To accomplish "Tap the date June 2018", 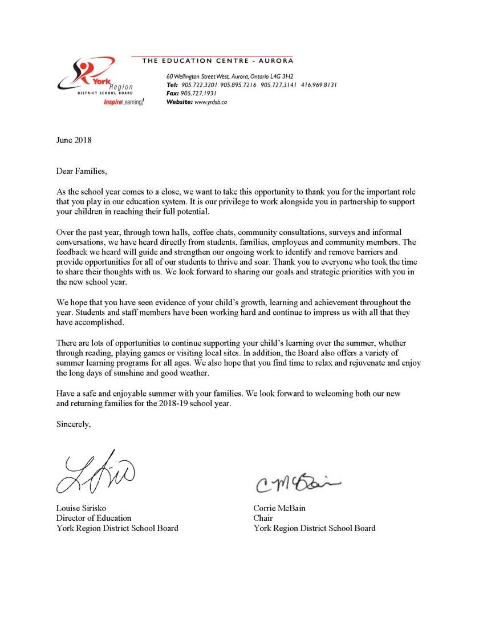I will tap(74, 140).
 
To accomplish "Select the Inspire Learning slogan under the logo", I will tap(124, 102).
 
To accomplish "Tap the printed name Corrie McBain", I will tap(281, 508).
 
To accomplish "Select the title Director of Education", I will tap(94, 518).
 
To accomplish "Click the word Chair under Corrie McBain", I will tap(263, 518).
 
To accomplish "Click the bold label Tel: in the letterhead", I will tap(172, 84).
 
